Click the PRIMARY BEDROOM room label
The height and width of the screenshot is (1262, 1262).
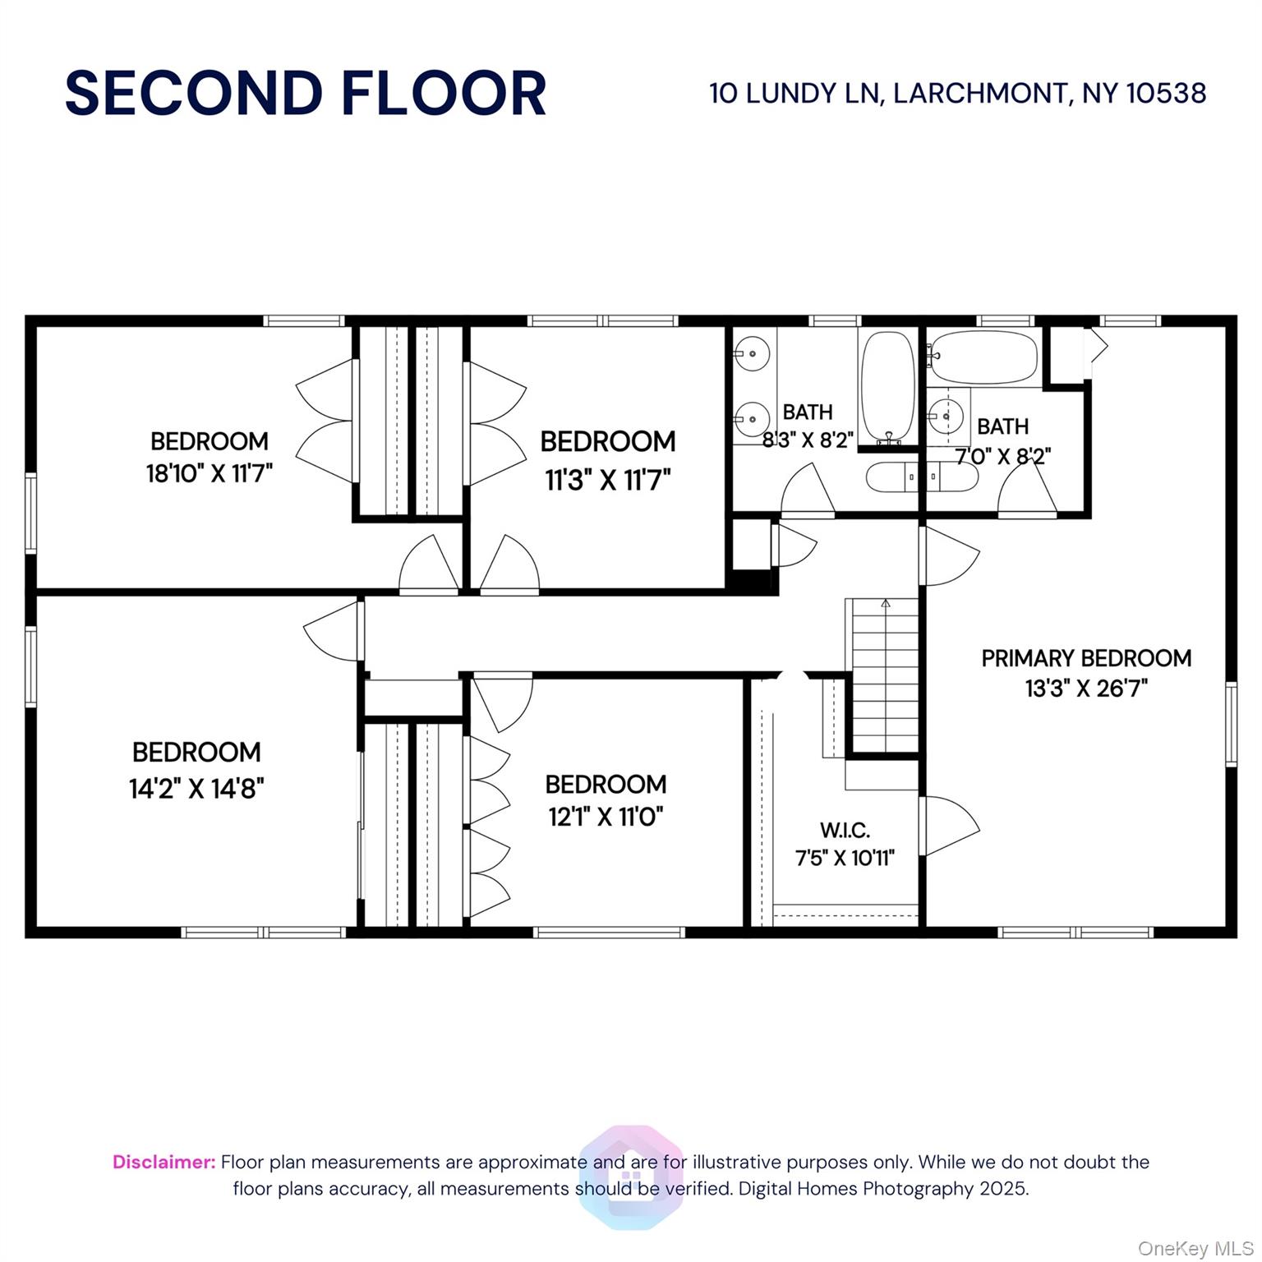pyautogui.click(x=1086, y=658)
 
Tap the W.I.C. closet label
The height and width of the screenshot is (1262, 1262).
pyautogui.click(x=845, y=830)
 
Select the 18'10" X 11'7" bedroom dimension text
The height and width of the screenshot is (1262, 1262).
pyautogui.click(x=210, y=473)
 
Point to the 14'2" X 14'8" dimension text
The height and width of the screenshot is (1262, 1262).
pyautogui.click(x=196, y=789)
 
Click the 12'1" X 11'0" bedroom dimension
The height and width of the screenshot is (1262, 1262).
pyautogui.click(x=606, y=817)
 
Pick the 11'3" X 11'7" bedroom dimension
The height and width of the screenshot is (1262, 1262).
pyautogui.click(x=608, y=479)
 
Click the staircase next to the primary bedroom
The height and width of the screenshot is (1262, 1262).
pyautogui.click(x=885, y=675)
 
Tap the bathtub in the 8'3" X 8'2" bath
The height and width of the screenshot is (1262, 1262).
pyautogui.click(x=887, y=386)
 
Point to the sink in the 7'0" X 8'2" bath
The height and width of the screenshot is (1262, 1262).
pyautogui.click(x=948, y=417)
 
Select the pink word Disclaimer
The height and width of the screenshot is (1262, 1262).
pyautogui.click(x=164, y=1162)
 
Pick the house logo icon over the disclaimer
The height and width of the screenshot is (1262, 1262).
pyautogui.click(x=631, y=1177)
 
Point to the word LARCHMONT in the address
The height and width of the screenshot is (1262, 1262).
pyautogui.click(x=982, y=93)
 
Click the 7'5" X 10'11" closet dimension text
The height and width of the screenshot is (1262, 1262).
pyautogui.click(x=845, y=858)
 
